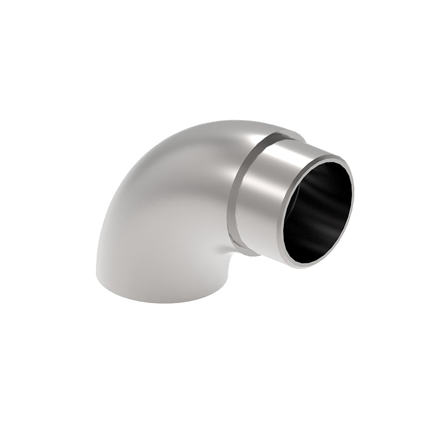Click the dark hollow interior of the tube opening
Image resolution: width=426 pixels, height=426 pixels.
[x=319, y=213]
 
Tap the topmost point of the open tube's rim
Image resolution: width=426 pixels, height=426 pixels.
[x=334, y=156]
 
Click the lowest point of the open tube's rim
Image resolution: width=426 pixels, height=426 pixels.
[x=301, y=265]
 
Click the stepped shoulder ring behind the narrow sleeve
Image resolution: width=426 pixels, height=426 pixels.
[x=240, y=197]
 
